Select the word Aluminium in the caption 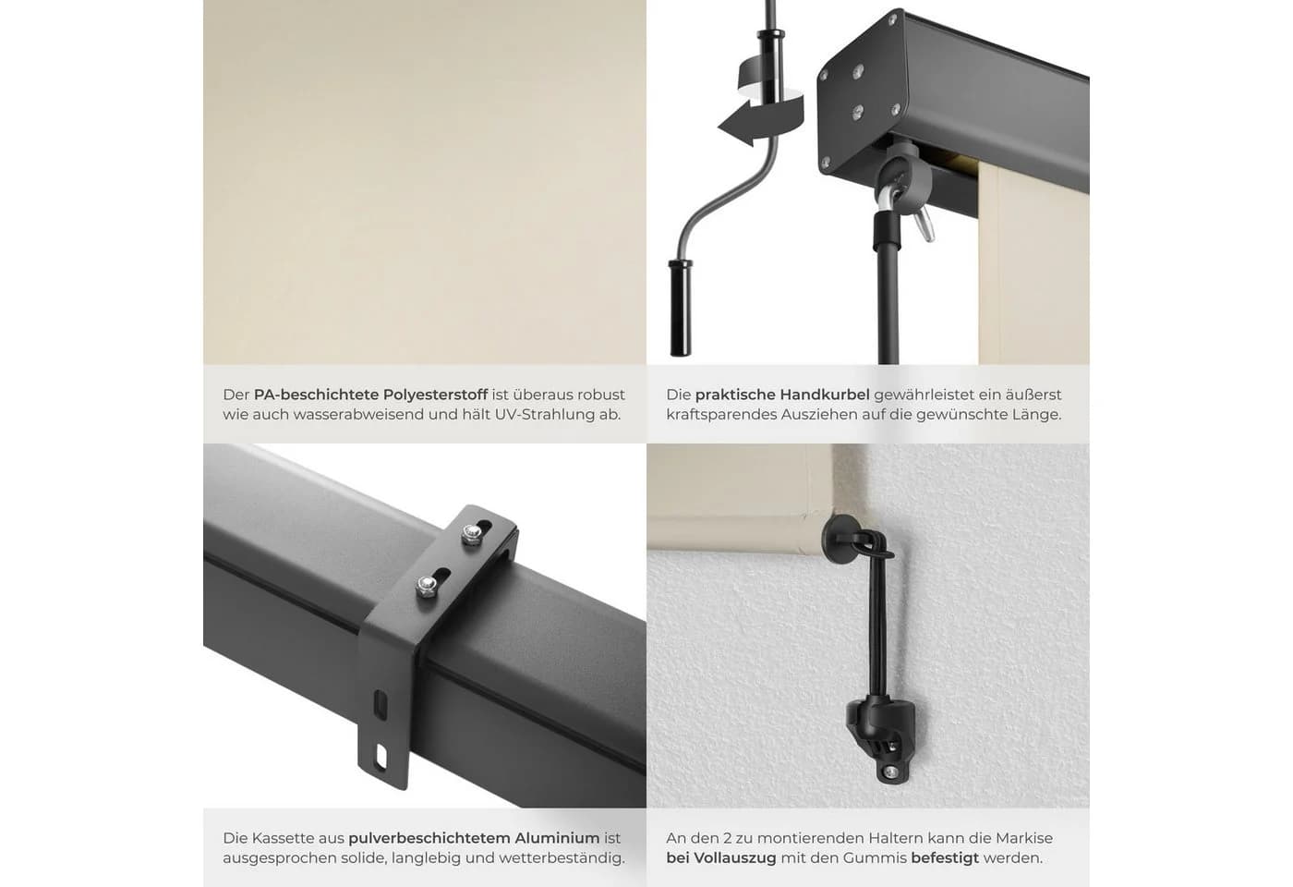(x=557, y=838)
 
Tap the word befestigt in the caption (x=945, y=858)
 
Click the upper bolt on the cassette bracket (x=472, y=534)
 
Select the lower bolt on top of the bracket (x=426, y=586)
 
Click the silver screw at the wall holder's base (x=890, y=771)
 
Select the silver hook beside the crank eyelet (x=924, y=224)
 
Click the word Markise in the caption (x=1023, y=838)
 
